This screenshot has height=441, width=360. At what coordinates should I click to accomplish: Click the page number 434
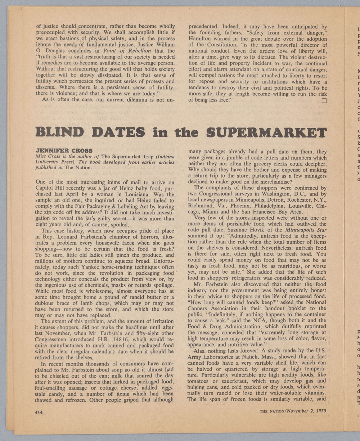pos(39,412)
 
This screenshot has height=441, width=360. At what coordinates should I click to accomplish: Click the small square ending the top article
pos(324,100)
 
